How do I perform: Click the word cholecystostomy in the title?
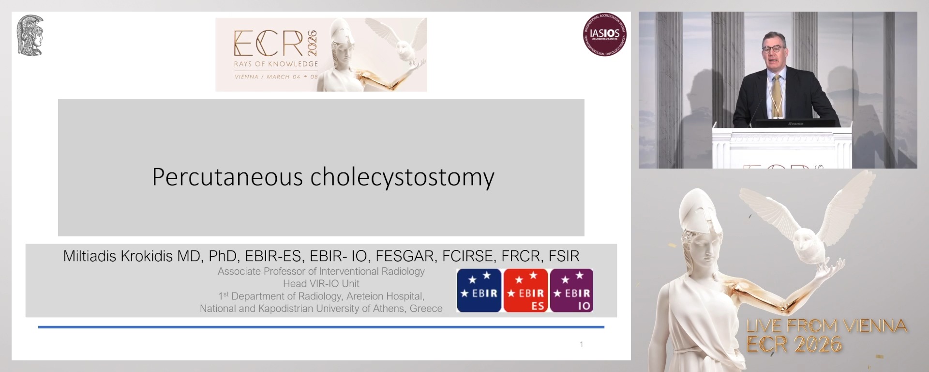[402, 177]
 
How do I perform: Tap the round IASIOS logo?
[605, 34]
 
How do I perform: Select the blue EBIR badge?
[479, 290]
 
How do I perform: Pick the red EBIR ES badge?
[525, 290]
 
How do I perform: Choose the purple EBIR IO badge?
[571, 290]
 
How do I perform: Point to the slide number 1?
[581, 344]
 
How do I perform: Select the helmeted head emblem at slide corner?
[30, 35]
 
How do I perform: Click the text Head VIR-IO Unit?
[321, 284]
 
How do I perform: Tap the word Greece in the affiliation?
[426, 309]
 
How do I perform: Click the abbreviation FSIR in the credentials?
[564, 256]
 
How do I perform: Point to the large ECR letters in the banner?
[269, 44]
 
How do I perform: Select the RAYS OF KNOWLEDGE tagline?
[276, 64]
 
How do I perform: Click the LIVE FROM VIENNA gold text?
[826, 326]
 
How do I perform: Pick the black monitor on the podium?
[795, 124]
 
